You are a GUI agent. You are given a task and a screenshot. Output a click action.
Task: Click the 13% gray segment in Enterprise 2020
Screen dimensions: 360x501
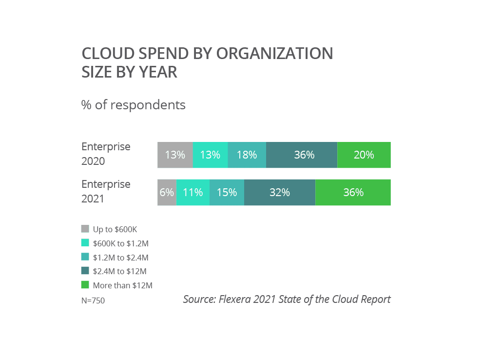175,155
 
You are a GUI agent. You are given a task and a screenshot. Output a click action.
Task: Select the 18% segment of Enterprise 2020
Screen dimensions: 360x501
247,155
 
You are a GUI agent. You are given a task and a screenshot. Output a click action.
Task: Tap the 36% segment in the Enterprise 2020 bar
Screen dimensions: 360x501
302,155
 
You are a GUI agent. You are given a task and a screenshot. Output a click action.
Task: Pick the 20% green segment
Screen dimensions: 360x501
364,155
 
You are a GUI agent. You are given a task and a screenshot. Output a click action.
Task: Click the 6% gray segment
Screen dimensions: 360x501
167,192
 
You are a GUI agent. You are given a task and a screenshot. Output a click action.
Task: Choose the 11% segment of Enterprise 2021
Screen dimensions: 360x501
193,192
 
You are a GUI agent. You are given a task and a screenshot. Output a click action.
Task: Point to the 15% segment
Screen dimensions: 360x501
227,192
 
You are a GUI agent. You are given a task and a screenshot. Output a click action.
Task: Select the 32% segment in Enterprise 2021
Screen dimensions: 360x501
280,192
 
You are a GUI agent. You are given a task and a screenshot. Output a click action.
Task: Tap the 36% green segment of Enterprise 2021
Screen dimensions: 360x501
353,192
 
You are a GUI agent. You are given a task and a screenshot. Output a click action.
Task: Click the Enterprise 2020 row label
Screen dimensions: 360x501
106,154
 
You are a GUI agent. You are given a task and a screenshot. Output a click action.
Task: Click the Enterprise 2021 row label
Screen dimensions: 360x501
106,191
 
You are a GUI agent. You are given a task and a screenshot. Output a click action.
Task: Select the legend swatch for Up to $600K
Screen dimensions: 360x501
85,229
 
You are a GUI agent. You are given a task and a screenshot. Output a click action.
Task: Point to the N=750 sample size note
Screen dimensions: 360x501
93,300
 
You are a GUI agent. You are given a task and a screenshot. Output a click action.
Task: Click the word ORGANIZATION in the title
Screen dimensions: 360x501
274,53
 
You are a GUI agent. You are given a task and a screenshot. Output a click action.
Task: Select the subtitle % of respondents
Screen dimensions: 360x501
133,105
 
